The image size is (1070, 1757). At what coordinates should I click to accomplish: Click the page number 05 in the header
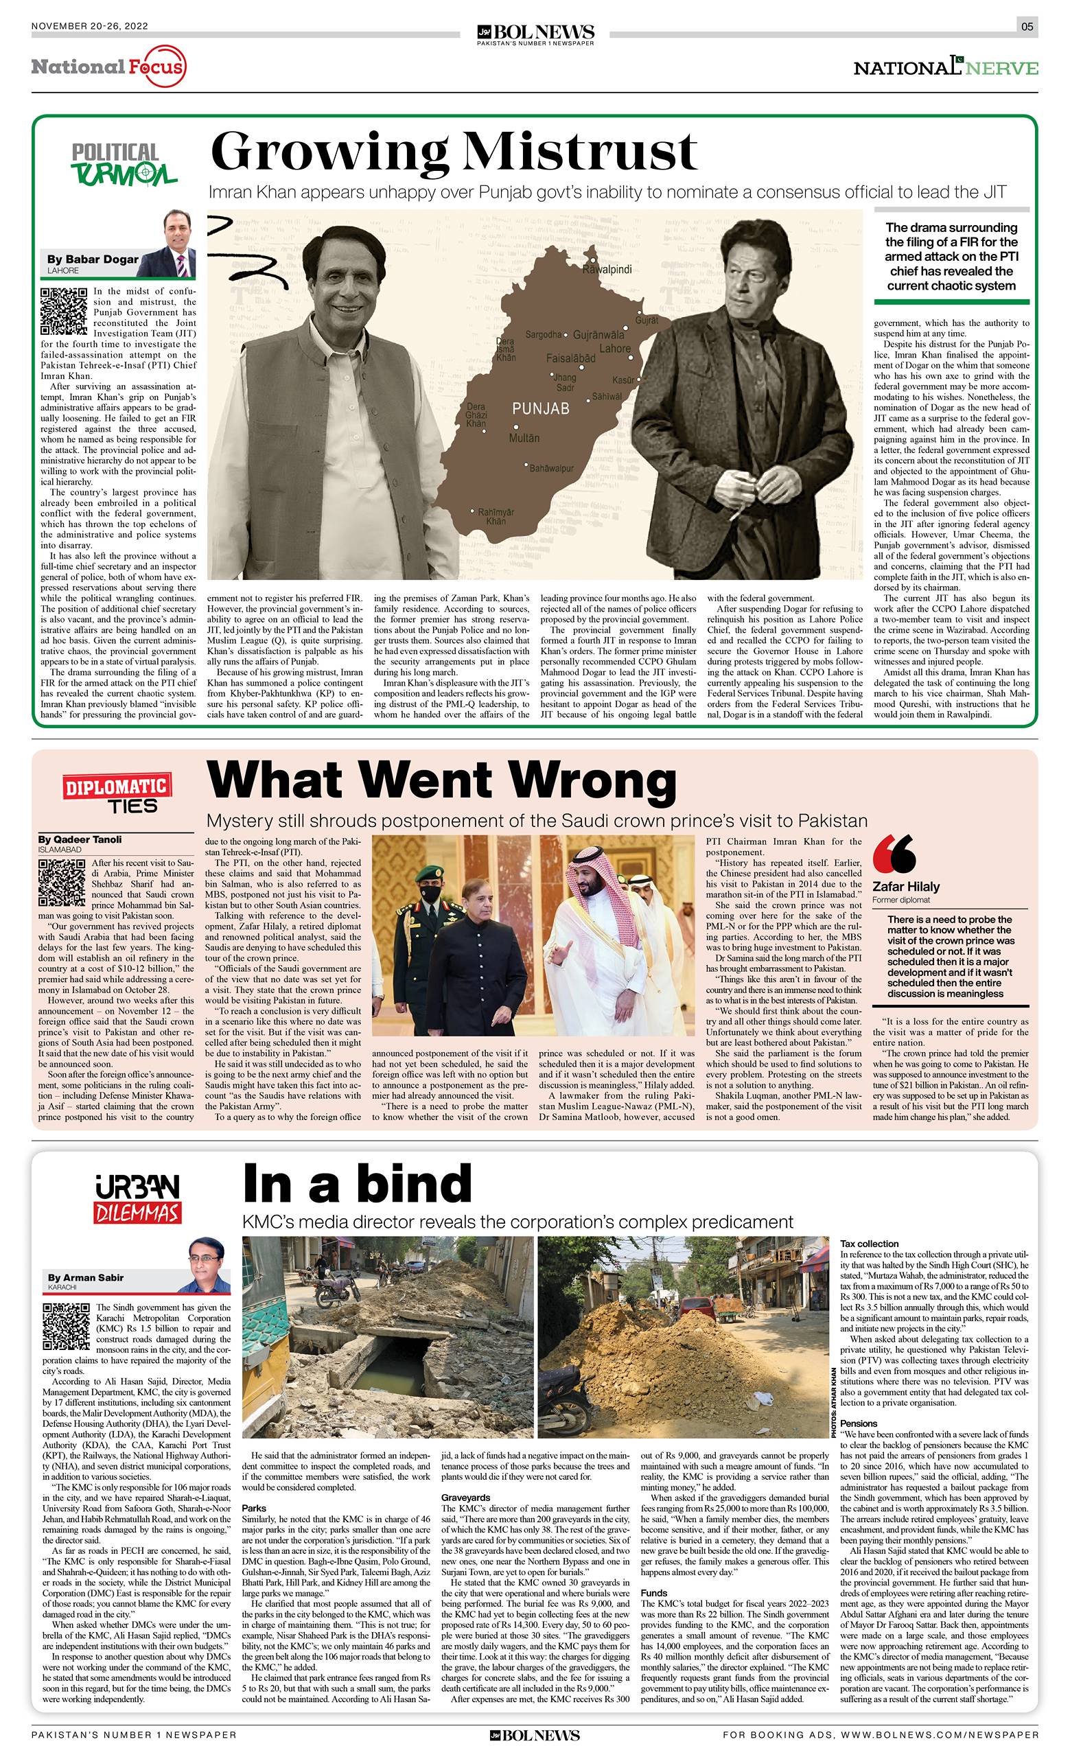point(1027,27)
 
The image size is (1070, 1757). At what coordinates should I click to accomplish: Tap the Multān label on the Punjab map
point(524,438)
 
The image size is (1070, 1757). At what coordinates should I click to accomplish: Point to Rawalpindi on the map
point(607,270)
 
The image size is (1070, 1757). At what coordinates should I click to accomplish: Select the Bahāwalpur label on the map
point(551,469)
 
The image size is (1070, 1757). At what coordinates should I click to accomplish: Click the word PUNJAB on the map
point(541,408)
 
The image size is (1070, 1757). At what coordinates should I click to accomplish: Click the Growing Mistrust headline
point(454,151)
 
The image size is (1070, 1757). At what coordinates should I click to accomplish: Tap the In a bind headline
point(357,1183)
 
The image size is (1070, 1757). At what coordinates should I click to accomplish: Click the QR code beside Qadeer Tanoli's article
point(61,882)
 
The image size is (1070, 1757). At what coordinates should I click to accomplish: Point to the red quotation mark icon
point(894,854)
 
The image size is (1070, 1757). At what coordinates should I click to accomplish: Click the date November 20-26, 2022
point(90,27)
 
